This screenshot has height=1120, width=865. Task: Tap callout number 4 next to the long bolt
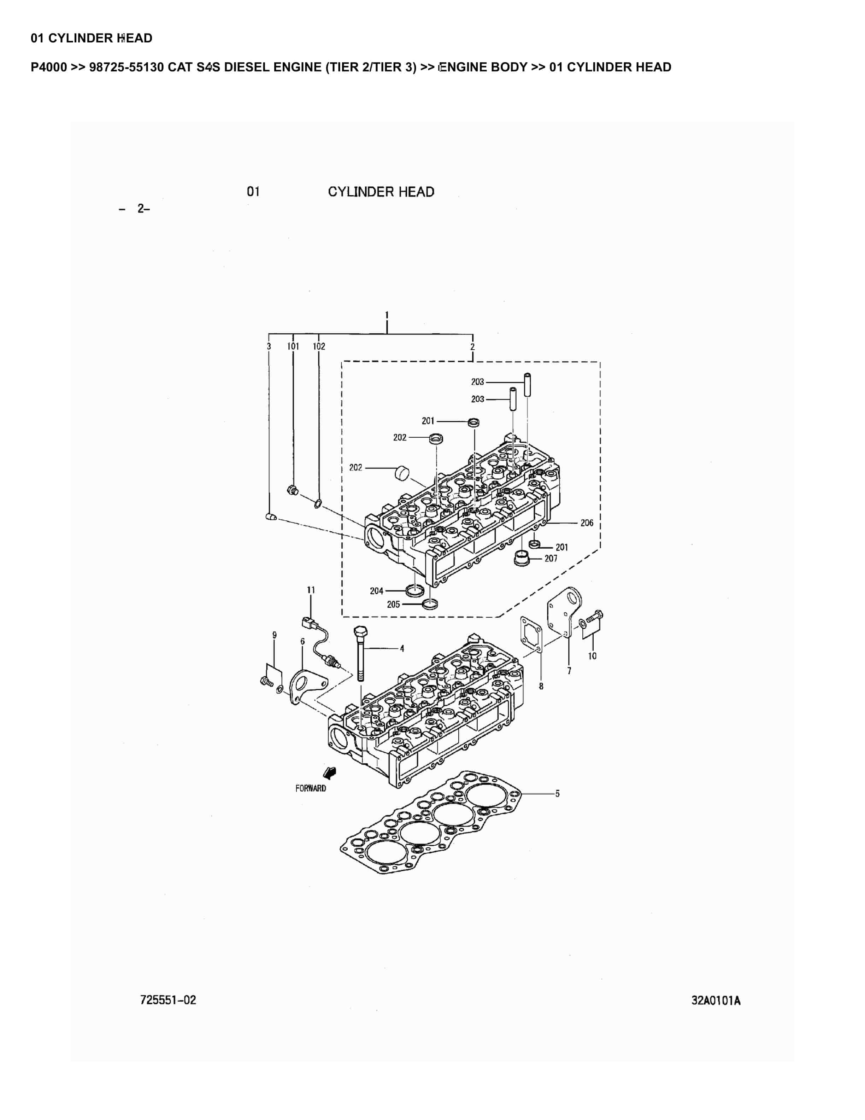(402, 649)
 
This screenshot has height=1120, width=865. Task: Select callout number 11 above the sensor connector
(311, 590)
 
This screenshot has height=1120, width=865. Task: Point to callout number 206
(587, 523)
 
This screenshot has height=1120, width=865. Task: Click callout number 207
(551, 559)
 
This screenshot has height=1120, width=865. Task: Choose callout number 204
(377, 591)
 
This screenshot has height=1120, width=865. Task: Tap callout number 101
(293, 347)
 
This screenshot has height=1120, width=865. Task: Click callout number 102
(319, 347)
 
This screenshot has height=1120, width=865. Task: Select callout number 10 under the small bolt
(592, 656)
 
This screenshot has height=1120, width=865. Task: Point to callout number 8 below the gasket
(541, 686)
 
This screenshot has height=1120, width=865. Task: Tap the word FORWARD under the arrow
(311, 788)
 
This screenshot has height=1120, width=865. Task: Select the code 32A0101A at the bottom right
(716, 1001)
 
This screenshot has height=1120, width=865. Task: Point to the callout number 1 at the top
(387, 315)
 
